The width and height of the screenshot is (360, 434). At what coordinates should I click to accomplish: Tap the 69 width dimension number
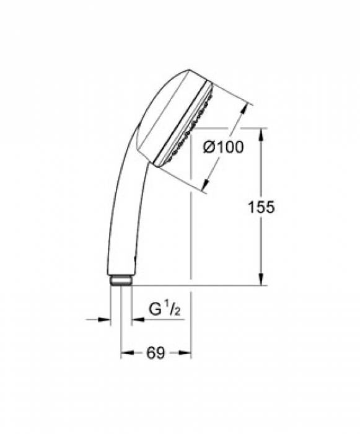pos(155,353)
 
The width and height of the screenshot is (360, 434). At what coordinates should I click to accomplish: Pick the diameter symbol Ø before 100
pos(209,147)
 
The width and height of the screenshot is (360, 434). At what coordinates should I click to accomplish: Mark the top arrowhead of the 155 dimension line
pos(262,133)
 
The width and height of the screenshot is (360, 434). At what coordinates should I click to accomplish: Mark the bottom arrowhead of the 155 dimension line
pos(262,281)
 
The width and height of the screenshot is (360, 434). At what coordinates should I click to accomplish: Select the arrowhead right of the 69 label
pos(185,353)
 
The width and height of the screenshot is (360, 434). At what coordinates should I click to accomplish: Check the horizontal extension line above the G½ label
pos(192,286)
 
